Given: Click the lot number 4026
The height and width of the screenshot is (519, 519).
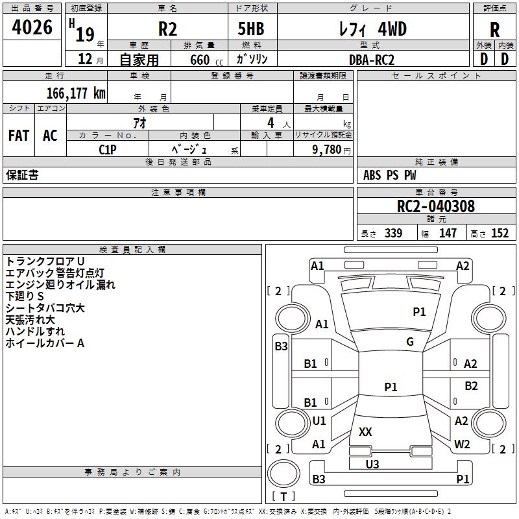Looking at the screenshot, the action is click(x=32, y=27).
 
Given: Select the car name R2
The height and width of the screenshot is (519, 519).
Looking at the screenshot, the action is click(x=167, y=29).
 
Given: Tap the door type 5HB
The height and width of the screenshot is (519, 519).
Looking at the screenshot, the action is click(x=251, y=29).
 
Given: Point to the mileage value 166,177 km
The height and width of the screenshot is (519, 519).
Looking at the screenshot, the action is click(x=76, y=93).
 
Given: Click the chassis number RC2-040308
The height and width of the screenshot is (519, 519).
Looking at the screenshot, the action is click(x=436, y=206).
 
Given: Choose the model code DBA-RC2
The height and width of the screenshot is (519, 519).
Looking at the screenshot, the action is click(x=372, y=60).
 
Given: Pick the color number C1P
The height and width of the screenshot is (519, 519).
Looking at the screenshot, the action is click(x=108, y=150).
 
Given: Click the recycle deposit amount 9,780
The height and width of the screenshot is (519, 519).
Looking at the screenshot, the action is click(x=327, y=149).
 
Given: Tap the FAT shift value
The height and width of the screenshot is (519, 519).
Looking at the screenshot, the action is click(x=19, y=136).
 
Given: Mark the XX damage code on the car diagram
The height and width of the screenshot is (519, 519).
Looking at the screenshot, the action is click(x=365, y=431).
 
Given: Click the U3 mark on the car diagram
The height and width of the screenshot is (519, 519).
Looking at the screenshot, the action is click(x=372, y=464).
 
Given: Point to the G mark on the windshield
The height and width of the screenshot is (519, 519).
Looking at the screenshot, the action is click(x=410, y=342).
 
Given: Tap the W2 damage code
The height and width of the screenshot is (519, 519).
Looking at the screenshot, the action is click(x=462, y=444).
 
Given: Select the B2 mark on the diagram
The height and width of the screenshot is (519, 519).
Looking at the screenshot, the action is click(x=471, y=385).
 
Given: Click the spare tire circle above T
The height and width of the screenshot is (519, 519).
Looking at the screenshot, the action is click(x=284, y=473).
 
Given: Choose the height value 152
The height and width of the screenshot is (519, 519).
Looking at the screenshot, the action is click(x=500, y=233).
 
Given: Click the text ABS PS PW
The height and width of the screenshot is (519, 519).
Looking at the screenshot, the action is click(x=390, y=175).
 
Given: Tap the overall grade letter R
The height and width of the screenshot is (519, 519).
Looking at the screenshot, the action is click(x=494, y=29).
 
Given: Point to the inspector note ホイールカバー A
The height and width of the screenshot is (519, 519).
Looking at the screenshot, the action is click(x=45, y=343).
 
